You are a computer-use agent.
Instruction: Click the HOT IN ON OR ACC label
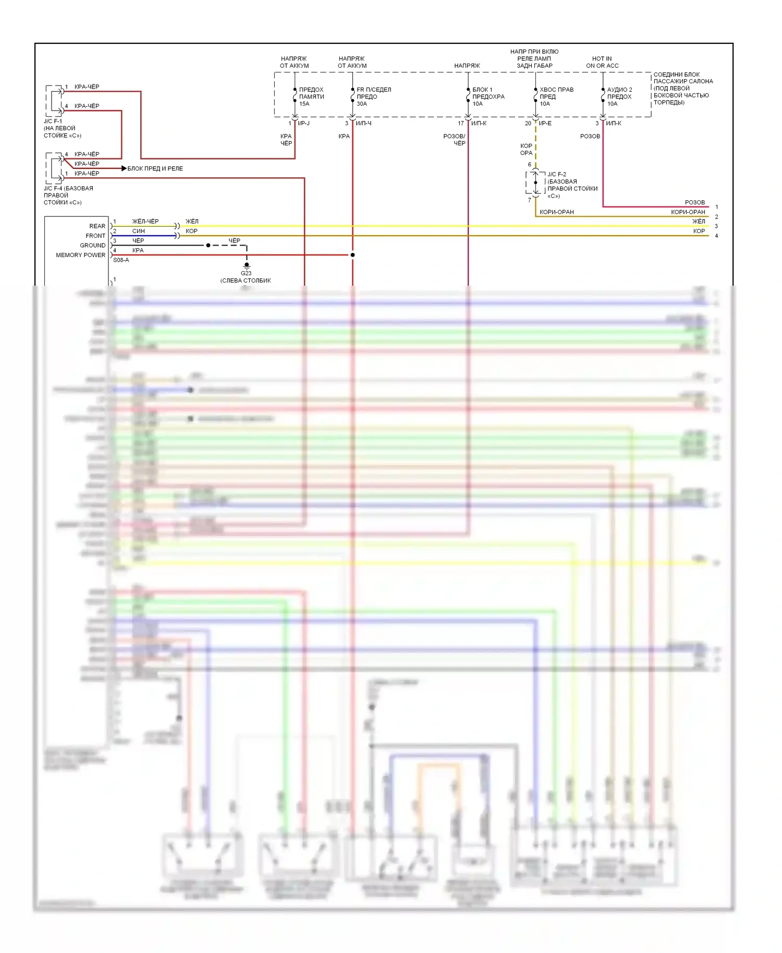click(602, 62)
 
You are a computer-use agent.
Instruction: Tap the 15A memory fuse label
click(311, 96)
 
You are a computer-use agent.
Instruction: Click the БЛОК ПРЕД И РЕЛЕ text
click(155, 168)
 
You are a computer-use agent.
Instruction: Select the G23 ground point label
click(246, 273)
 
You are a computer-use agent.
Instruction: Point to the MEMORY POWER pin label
click(80, 255)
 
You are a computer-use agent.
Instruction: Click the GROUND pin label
click(92, 245)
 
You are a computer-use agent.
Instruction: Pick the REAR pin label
click(97, 226)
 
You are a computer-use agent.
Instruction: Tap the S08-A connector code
click(121, 260)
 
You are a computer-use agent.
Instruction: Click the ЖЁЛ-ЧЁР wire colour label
click(145, 222)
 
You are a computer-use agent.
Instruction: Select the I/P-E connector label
click(545, 124)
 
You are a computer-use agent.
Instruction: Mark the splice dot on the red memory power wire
click(352, 255)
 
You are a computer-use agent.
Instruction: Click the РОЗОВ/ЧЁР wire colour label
click(454, 140)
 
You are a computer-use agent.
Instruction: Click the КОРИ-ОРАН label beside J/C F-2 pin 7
click(556, 212)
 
